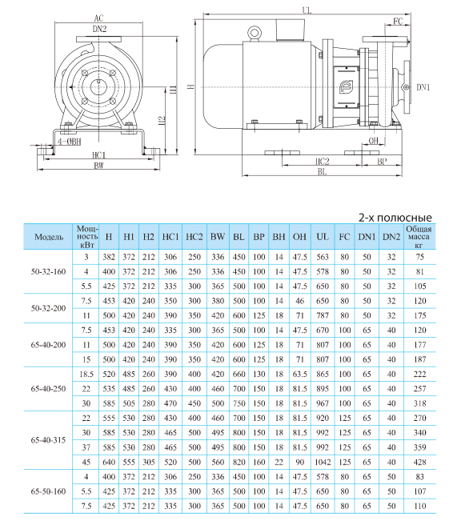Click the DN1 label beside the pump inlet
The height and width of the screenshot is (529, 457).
click(423, 87)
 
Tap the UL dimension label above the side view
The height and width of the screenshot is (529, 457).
click(307, 10)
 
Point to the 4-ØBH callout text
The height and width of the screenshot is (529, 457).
click(69, 142)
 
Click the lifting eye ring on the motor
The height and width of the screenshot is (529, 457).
click(254, 33)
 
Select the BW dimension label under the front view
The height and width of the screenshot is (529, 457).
click(98, 166)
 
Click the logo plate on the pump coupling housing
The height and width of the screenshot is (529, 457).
click(346, 87)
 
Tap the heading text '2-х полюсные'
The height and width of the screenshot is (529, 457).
click(395, 218)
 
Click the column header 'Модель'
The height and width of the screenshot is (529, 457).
click(49, 237)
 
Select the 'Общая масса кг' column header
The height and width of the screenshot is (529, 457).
click(419, 237)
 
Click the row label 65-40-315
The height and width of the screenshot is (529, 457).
click(48, 440)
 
